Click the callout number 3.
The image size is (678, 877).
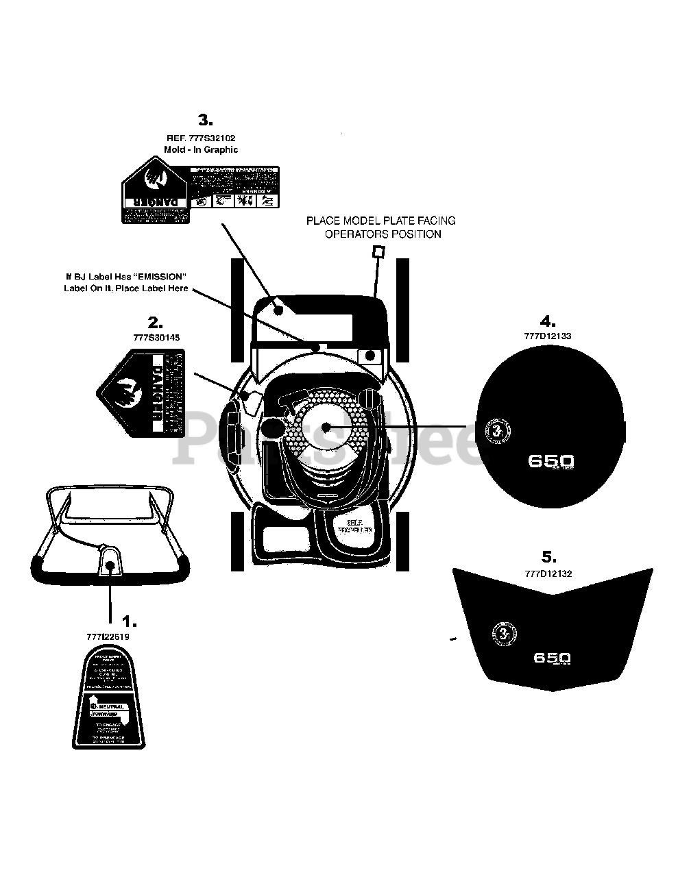(x=205, y=121)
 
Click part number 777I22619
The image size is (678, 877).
(x=108, y=637)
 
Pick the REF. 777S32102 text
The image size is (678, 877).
(x=201, y=138)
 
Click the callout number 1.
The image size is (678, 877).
(x=129, y=621)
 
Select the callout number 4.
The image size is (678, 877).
(x=547, y=321)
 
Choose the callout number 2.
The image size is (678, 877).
(x=155, y=322)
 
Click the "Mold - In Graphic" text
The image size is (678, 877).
(x=201, y=149)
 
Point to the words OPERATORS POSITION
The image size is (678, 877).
(x=383, y=234)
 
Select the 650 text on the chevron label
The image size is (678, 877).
(x=552, y=658)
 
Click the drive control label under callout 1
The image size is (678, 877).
(x=109, y=698)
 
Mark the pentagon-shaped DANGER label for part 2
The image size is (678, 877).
(x=141, y=393)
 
